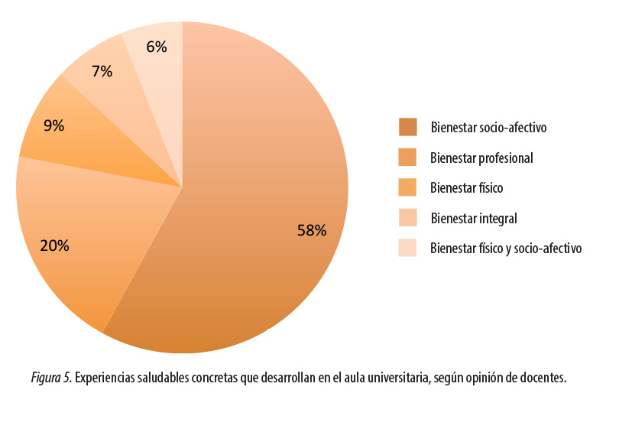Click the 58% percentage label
point(312,229)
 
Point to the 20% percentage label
point(54,245)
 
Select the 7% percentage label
point(102,72)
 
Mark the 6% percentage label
point(157,47)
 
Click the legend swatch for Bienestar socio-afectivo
point(407,127)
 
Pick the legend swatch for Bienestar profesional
point(407,158)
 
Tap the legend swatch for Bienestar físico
point(407,187)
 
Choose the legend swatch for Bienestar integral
point(407,218)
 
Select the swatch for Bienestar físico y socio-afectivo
point(407,248)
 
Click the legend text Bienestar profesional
point(481,158)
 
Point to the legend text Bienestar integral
point(474,219)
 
